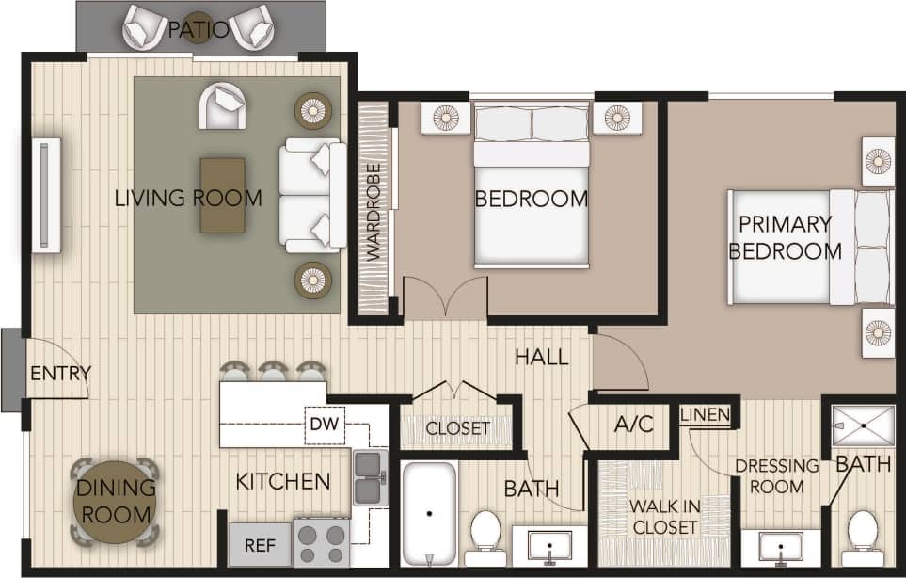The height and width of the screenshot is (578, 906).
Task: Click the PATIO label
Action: [198, 29]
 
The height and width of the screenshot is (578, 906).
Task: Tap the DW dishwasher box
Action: [323, 425]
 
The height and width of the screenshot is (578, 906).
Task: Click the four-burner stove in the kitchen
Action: [322, 542]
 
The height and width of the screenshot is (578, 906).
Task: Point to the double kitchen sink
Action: [371, 475]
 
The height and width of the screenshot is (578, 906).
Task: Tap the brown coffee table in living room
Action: [222, 195]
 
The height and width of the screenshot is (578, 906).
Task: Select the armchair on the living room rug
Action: [222, 105]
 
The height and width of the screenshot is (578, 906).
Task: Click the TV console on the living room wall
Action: [46, 195]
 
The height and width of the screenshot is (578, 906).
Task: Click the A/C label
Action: [633, 425]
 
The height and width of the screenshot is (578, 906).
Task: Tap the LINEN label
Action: [703, 415]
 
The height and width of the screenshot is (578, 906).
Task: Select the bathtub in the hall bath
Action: [429, 514]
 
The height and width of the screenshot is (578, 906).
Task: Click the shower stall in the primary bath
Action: [863, 425]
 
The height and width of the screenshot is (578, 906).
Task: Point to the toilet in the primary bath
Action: [862, 536]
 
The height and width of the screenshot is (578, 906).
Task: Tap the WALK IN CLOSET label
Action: [665, 517]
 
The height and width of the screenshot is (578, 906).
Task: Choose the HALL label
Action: [541, 357]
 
